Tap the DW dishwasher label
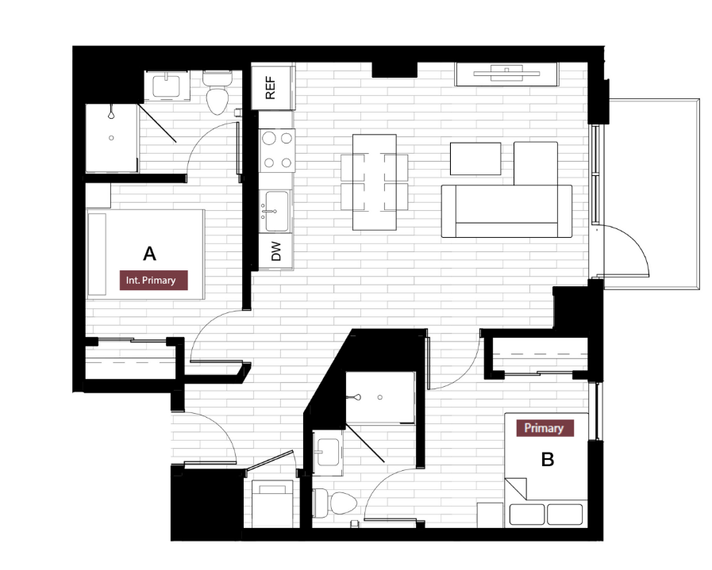(x=276, y=253)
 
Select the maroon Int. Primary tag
(x=154, y=280)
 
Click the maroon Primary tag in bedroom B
(x=544, y=428)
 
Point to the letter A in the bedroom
(x=149, y=254)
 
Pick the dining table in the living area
(x=374, y=182)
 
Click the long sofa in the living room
(x=506, y=211)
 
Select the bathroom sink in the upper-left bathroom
(x=167, y=85)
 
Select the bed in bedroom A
(x=146, y=253)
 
